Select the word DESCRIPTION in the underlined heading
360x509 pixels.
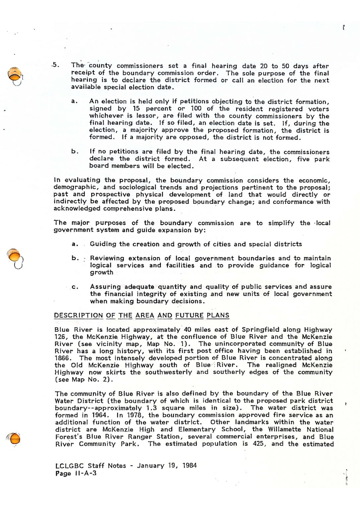click(78, 315)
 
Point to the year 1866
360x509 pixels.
click(62, 358)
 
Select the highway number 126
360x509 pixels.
click(61, 337)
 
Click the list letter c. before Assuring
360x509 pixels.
click(75, 287)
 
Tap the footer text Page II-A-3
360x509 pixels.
click(76, 473)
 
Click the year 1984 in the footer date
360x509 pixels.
click(189, 466)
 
